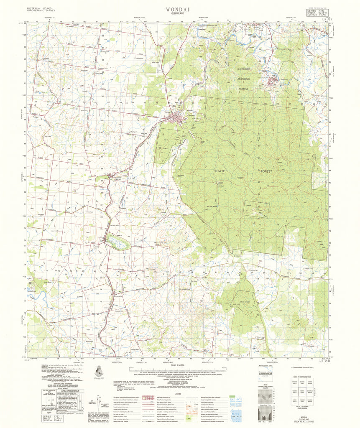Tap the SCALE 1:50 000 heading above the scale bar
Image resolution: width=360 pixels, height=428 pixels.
click(180, 365)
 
